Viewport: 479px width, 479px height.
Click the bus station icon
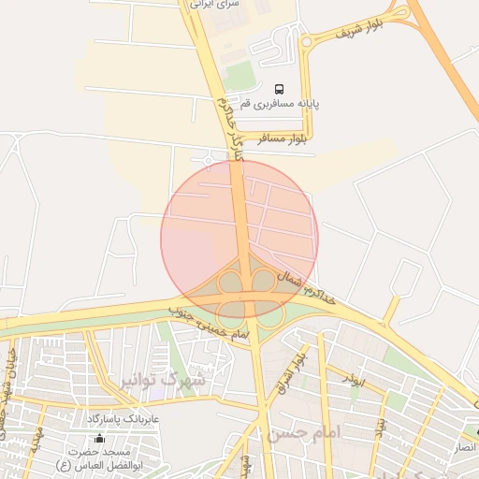tap(280, 89)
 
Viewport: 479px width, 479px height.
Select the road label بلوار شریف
tap(351, 31)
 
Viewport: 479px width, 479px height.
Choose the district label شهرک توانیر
tap(163, 380)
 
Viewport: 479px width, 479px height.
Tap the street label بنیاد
tap(381, 425)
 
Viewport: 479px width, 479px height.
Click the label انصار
tap(465, 447)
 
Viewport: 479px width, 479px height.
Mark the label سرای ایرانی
tap(214, 5)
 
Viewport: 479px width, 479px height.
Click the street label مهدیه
tap(36, 441)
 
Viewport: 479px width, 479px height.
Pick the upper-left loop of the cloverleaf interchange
tap(229, 280)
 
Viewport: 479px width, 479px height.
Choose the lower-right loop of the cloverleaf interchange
tap(270, 315)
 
